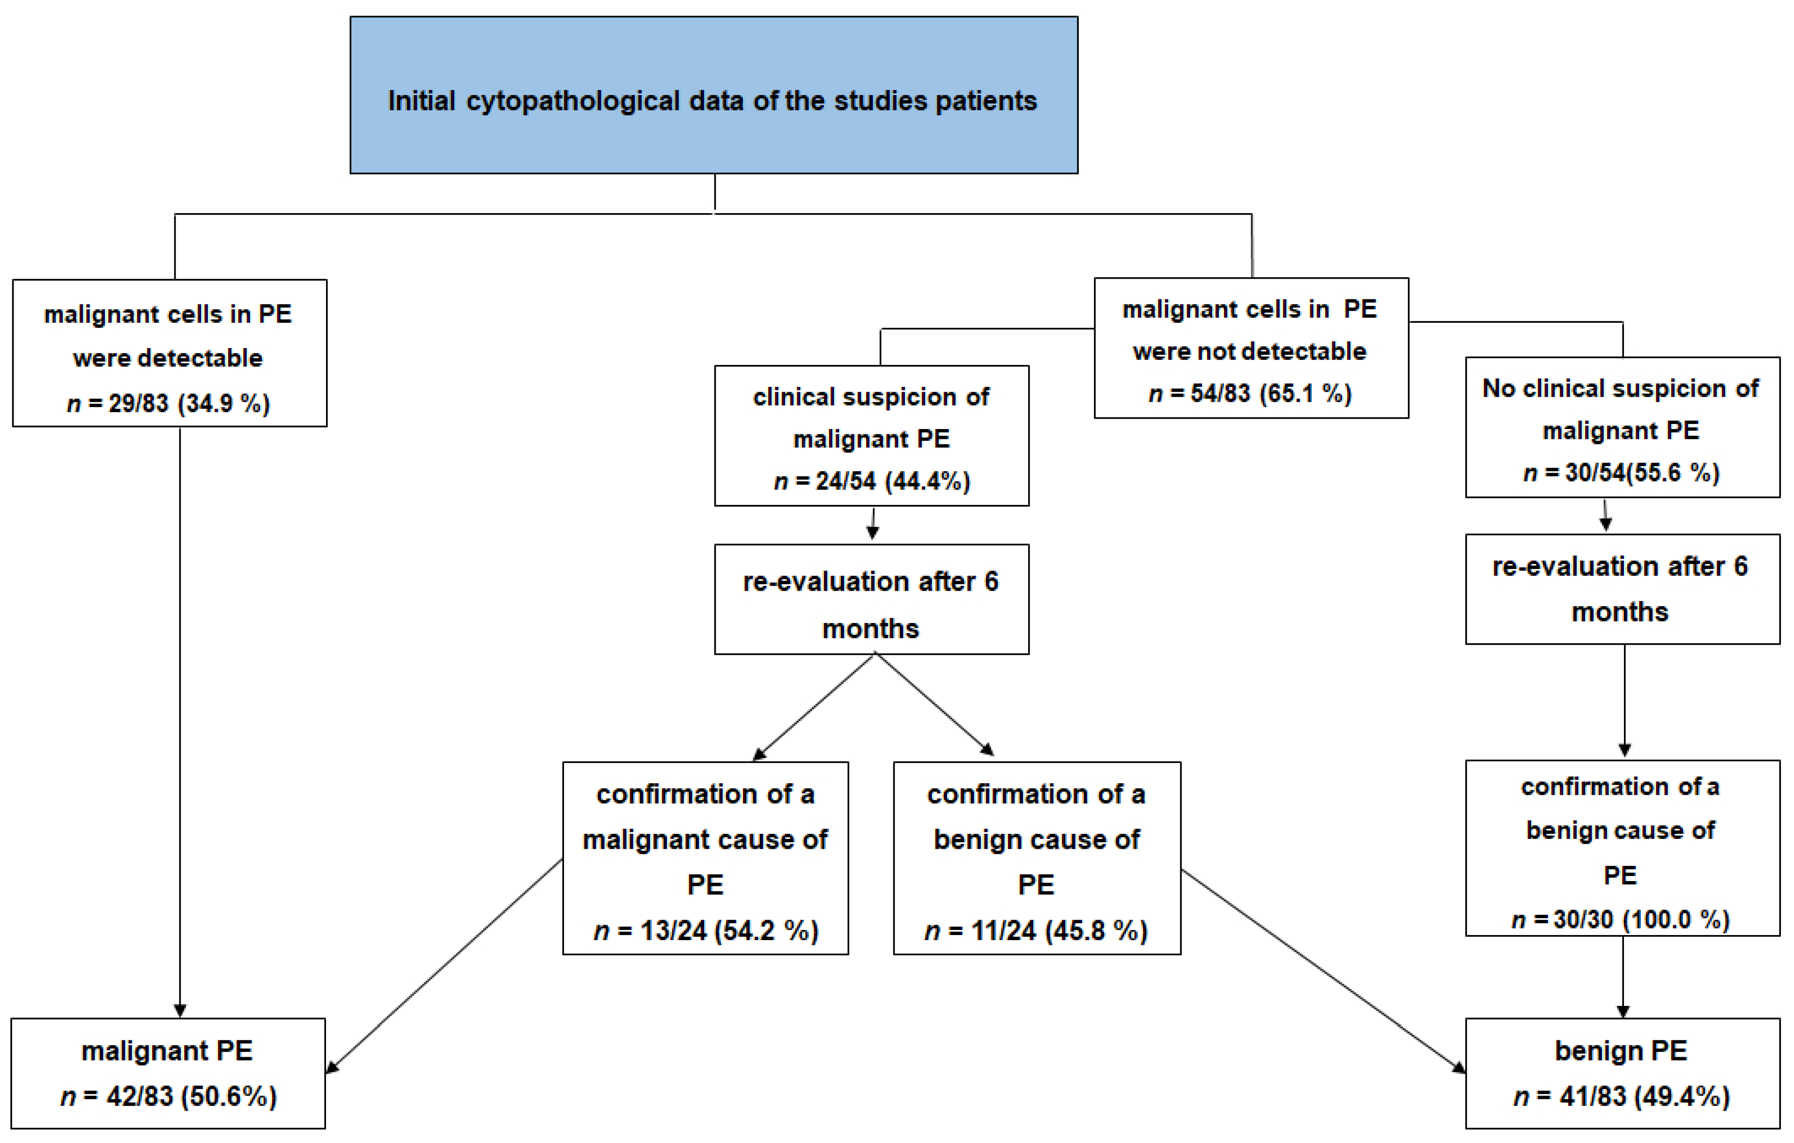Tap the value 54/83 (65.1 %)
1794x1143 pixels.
1270,393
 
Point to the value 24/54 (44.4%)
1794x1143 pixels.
892,482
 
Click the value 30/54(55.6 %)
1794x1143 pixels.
1642,472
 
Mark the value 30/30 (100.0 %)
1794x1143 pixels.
1641,920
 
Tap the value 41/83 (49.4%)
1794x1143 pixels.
1644,1097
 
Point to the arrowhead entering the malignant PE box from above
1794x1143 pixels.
179,1009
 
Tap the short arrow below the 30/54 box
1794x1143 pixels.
1606,516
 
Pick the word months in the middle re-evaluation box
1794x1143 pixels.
870,629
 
